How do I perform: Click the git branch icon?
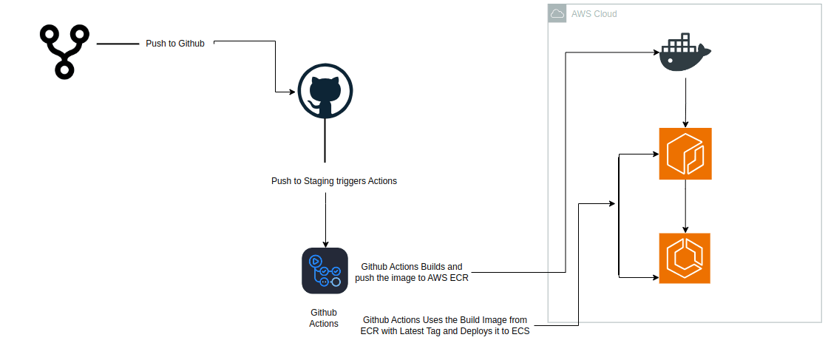pos(64,51)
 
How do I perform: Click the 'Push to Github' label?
pos(175,44)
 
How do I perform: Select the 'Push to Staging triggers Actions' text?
pos(334,181)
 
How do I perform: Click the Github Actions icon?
pos(325,271)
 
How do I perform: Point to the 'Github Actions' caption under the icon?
pos(324,318)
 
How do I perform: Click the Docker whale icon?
pos(685,55)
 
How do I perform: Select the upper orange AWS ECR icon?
pos(685,154)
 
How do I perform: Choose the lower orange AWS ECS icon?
pos(685,258)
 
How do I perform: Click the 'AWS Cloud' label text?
pos(594,14)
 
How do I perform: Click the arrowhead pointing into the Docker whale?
pos(655,52)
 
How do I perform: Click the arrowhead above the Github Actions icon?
pos(325,243)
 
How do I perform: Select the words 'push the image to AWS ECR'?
pos(411,278)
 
